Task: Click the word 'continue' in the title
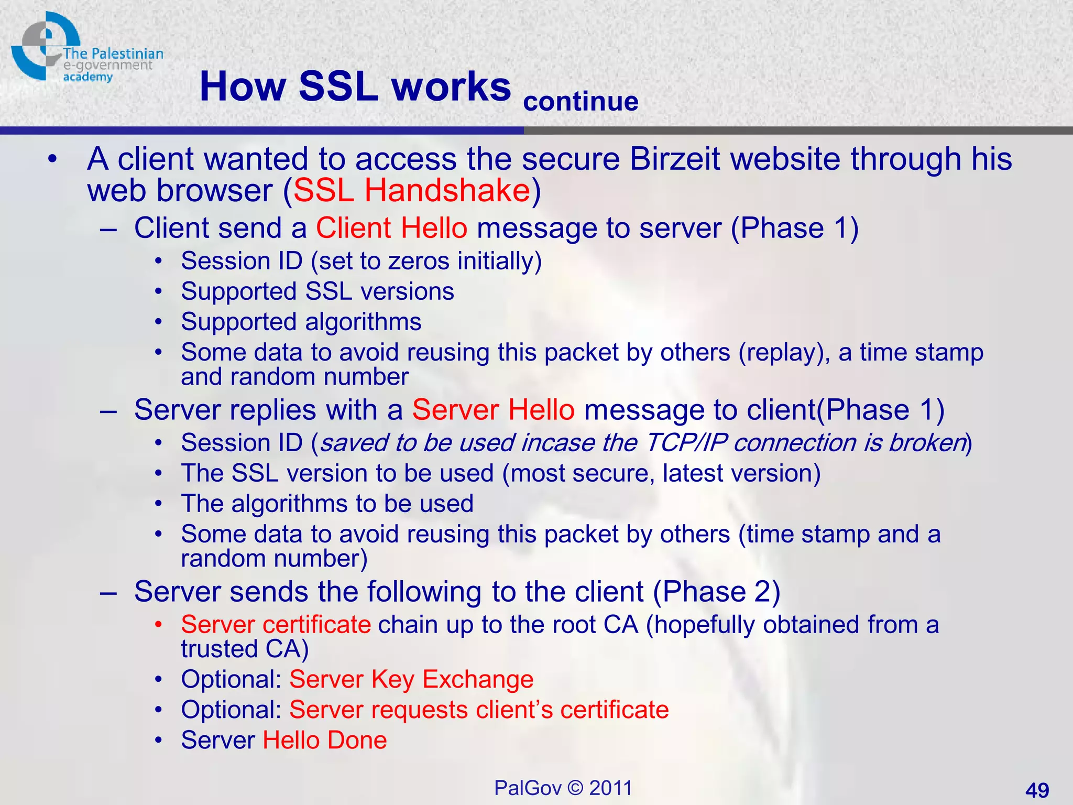pyautogui.click(x=581, y=102)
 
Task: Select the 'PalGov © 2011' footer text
pyautogui.click(x=563, y=788)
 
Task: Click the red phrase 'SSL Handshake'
pyautogui.click(x=412, y=190)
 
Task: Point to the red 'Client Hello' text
pyautogui.click(x=391, y=229)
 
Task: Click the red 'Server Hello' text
pyautogui.click(x=493, y=410)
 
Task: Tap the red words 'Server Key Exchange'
pyautogui.click(x=411, y=679)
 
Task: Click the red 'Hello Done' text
pyautogui.click(x=324, y=740)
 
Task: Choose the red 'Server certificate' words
pyautogui.click(x=276, y=625)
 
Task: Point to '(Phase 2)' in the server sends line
pyautogui.click(x=716, y=592)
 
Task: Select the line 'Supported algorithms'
pyautogui.click(x=301, y=322)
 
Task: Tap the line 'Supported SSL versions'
pyautogui.click(x=317, y=291)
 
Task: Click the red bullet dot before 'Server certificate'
pyautogui.click(x=159, y=625)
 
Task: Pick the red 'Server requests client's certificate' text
pyautogui.click(x=479, y=710)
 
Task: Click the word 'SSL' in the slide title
pyautogui.click(x=338, y=86)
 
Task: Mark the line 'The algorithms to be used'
pyautogui.click(x=327, y=504)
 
